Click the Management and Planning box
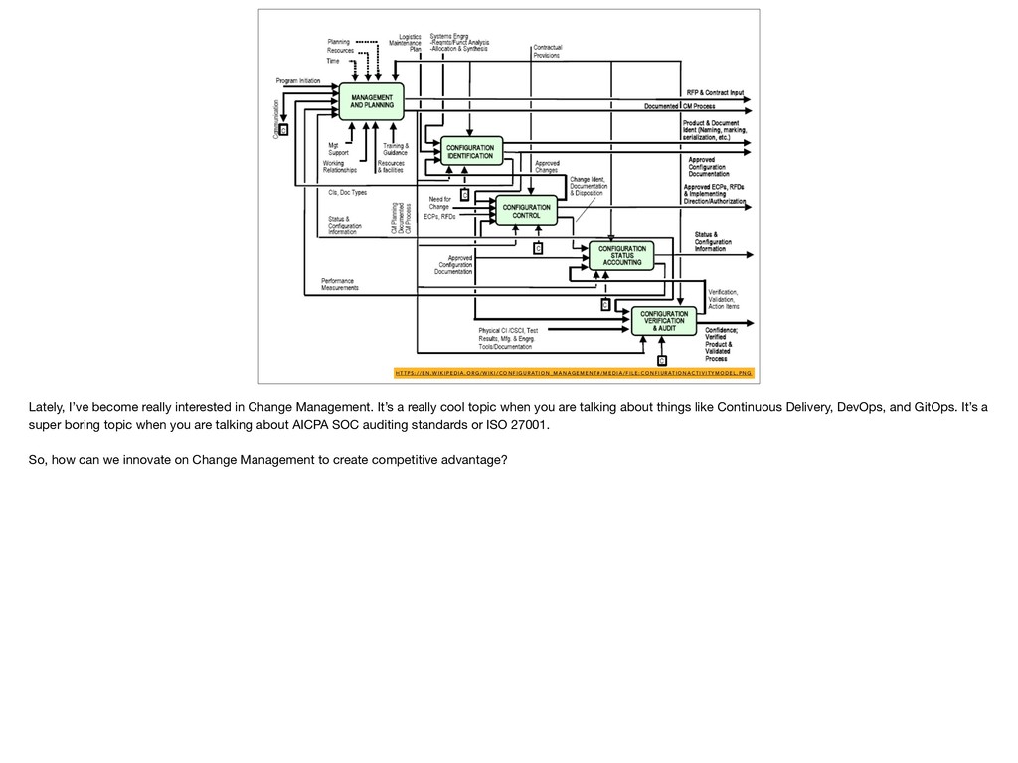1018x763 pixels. click(x=373, y=100)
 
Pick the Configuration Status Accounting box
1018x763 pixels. click(x=622, y=255)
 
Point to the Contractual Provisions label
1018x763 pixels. click(x=546, y=51)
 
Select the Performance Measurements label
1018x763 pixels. click(x=339, y=284)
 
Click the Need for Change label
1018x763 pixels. click(x=438, y=202)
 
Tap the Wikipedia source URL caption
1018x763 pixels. click(x=573, y=374)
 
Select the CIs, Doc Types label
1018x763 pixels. click(x=347, y=192)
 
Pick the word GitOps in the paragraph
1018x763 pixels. click(x=942, y=408)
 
